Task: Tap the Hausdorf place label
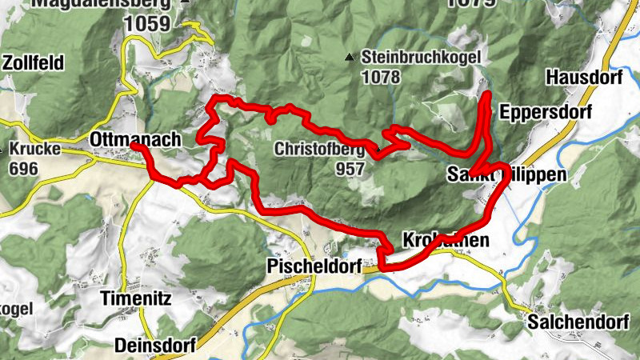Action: pyautogui.click(x=585, y=78)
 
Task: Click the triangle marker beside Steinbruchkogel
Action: pyautogui.click(x=348, y=58)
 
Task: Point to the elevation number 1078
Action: pyautogui.click(x=382, y=78)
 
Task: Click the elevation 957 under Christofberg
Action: pyautogui.click(x=350, y=169)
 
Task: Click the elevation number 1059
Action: pyautogui.click(x=147, y=24)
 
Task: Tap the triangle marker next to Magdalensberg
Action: pyautogui.click(x=186, y=2)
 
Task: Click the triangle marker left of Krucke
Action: pyautogui.click(x=4, y=149)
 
